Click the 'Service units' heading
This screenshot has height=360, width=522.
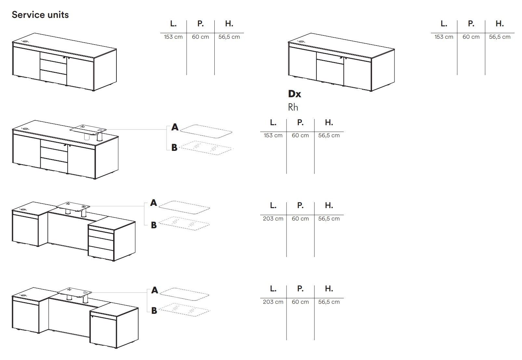coord(40,15)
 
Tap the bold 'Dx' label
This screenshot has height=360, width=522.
coord(294,94)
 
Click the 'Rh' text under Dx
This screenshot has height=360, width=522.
coord(293,107)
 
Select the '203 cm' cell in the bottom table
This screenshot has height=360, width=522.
coord(273,302)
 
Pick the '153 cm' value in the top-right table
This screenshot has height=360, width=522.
coord(444,37)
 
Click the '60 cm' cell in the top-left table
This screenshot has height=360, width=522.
coord(200,37)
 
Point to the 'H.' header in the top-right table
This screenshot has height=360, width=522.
coord(500,24)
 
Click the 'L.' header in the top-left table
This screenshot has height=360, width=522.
coord(173,24)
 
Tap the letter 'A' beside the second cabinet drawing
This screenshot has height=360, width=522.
coord(175,127)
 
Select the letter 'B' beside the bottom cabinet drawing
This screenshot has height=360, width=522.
coord(154,311)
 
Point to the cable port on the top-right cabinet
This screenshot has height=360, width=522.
coord(301,42)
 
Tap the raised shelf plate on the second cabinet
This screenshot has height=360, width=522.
coord(86,129)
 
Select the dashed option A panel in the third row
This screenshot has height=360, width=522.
coord(184,207)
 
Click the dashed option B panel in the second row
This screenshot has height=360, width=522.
coord(206,148)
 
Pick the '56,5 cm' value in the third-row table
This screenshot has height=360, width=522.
coord(329,219)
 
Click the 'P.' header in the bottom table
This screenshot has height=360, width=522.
coord(300,288)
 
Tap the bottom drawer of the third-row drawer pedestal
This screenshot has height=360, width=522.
coord(100,253)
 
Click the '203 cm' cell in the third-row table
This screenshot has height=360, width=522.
coord(273,219)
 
